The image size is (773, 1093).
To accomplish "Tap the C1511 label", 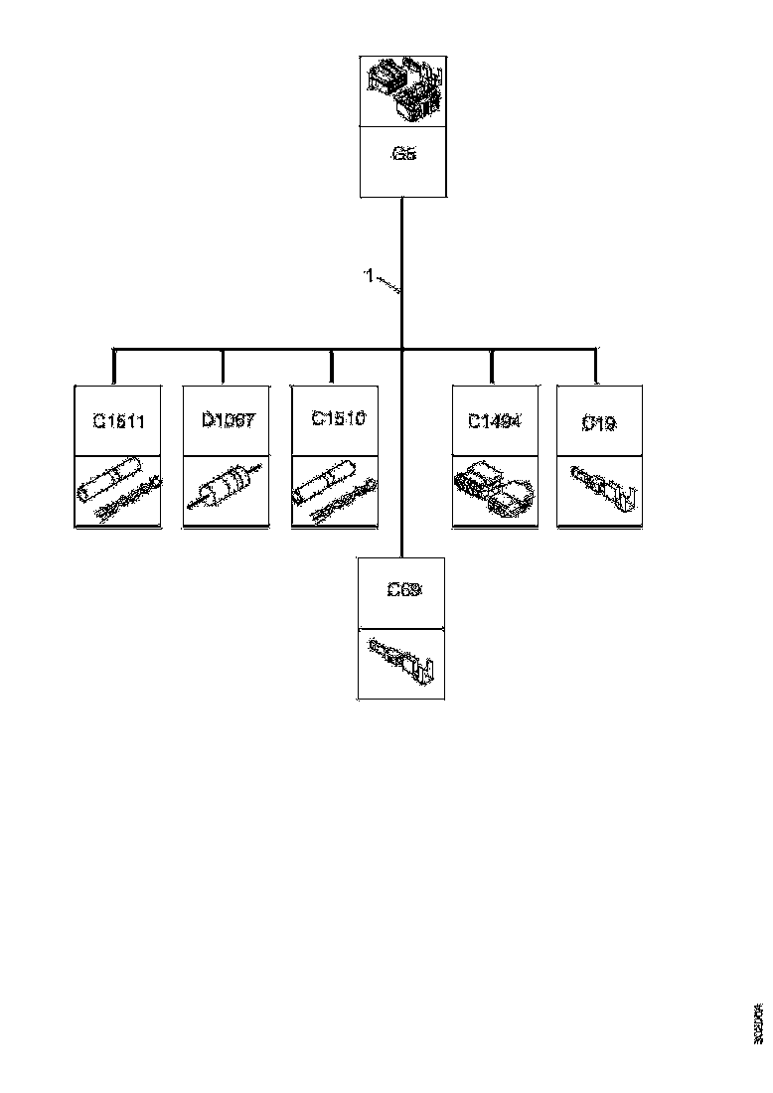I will [119, 421].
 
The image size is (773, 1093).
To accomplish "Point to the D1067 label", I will [229, 420].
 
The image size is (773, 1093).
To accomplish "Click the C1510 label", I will [338, 419].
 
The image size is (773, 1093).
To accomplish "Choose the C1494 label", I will [496, 420].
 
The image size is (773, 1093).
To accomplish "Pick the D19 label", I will [598, 423].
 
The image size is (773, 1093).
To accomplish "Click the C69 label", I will [403, 589].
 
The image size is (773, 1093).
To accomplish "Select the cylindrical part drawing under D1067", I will [226, 491].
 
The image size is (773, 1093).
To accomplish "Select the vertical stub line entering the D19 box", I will [596, 366].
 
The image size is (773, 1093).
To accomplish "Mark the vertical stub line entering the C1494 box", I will [494, 366].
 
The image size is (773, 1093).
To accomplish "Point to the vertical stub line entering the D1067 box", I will [223, 366].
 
